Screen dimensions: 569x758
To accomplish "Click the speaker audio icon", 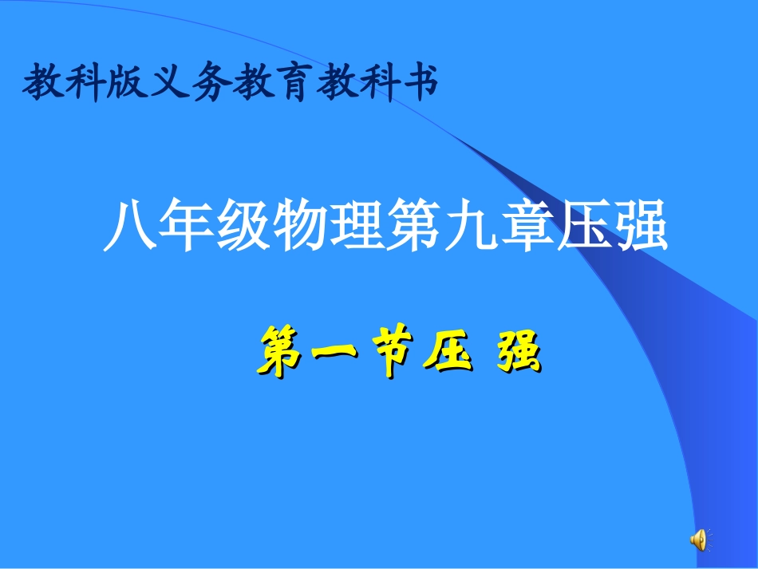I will tap(698, 540).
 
